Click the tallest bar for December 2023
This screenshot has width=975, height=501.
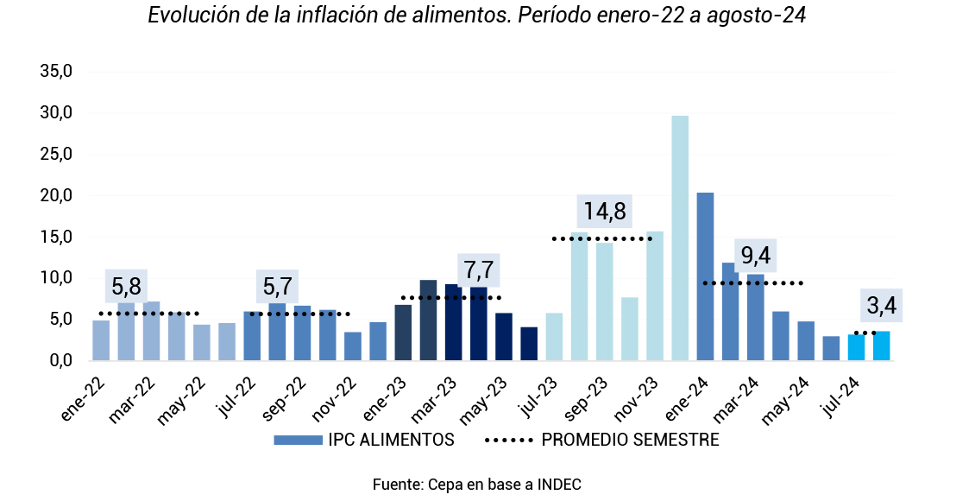[680, 238]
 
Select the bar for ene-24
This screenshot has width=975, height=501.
[705, 276]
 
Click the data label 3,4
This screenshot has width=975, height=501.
[881, 305]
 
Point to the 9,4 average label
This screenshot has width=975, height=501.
[755, 256]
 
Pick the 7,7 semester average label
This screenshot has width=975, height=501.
[479, 271]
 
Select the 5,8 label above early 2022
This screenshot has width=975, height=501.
[126, 285]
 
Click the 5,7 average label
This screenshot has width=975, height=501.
[278, 285]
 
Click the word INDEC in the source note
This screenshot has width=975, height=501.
[558, 485]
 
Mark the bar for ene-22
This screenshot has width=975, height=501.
[101, 340]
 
